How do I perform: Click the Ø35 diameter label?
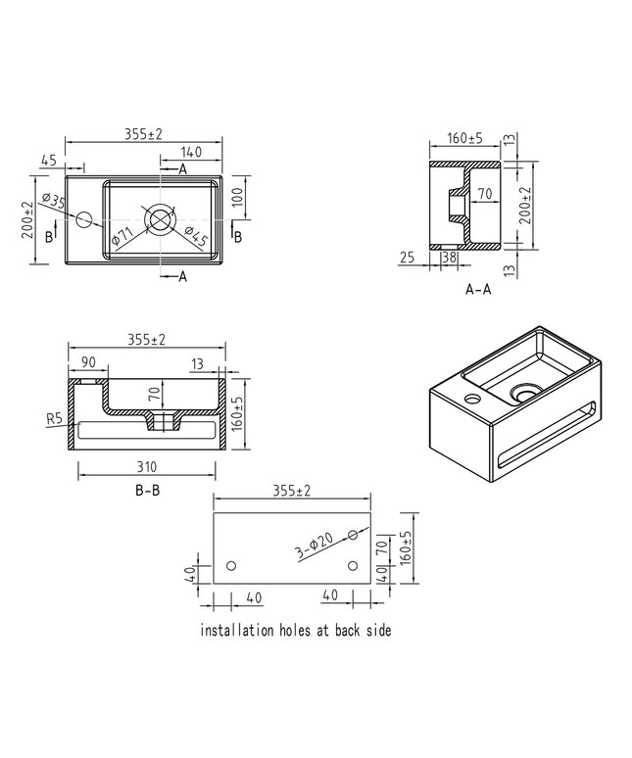pyautogui.click(x=54, y=200)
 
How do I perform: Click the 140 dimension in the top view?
pyautogui.click(x=191, y=152)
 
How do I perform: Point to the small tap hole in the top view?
pyautogui.click(x=83, y=219)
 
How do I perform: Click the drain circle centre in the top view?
pyautogui.click(x=160, y=219)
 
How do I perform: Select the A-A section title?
pyautogui.click(x=478, y=289)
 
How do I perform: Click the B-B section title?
pyautogui.click(x=148, y=491)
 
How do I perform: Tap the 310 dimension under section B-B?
pyautogui.click(x=147, y=467)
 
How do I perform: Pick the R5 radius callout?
pyautogui.click(x=55, y=418)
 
